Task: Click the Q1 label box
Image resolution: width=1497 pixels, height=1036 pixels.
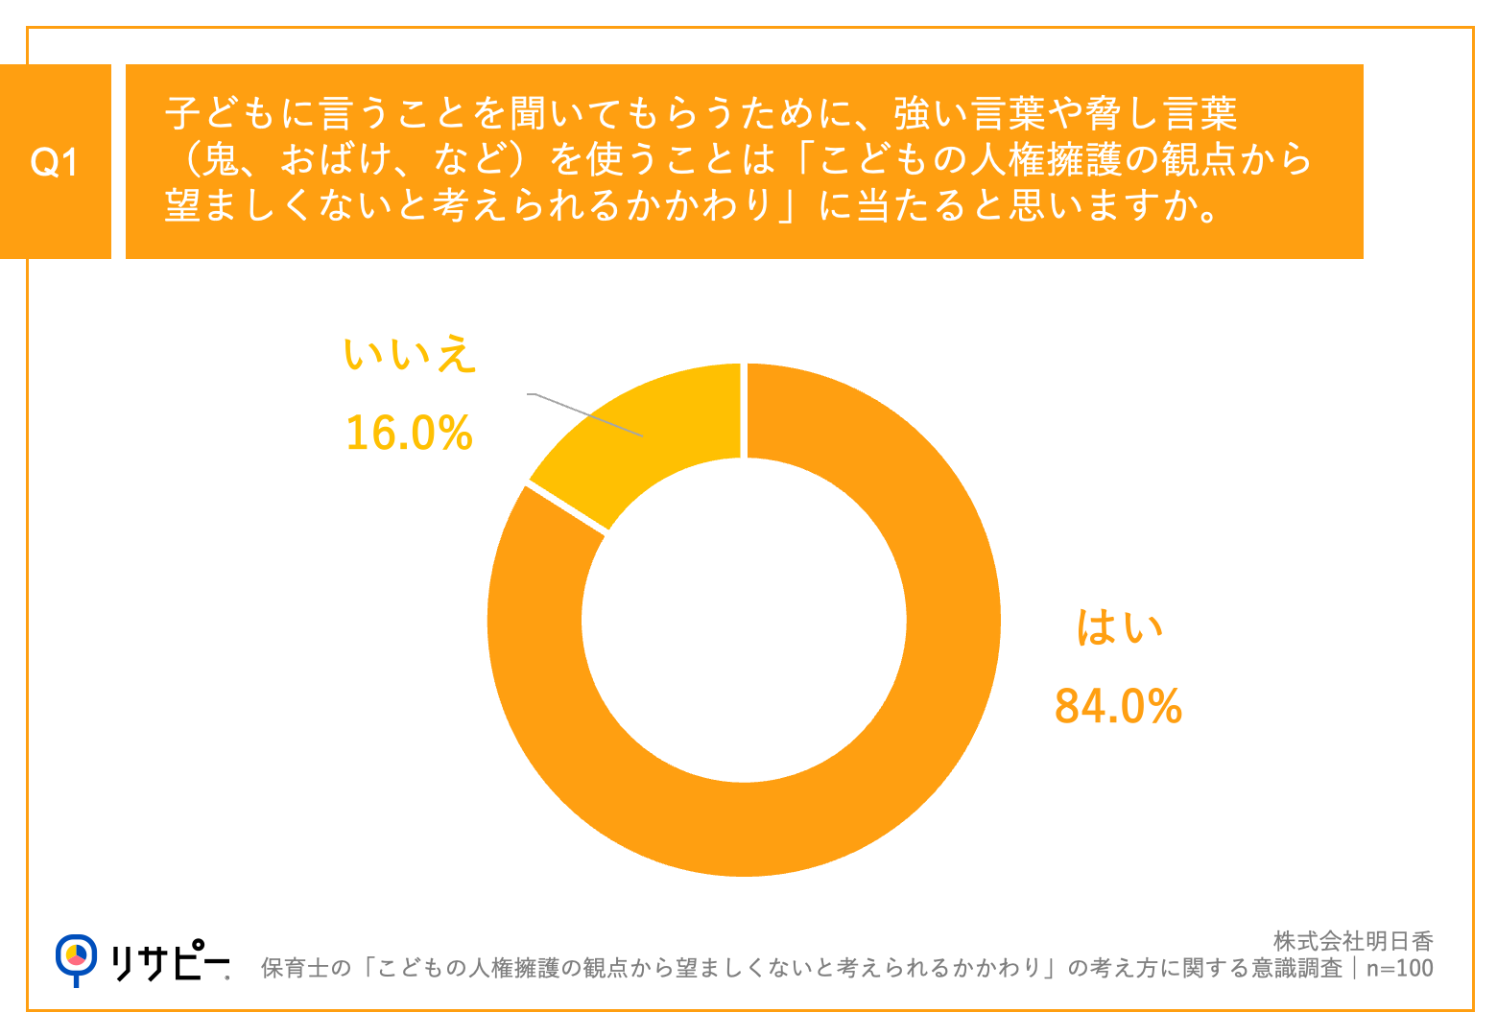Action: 55,161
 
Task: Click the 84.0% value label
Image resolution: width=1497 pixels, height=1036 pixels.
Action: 1118,707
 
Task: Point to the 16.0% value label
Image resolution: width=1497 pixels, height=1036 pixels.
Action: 409,433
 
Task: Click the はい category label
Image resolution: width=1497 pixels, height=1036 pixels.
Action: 1119,628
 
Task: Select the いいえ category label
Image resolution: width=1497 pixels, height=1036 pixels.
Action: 410,355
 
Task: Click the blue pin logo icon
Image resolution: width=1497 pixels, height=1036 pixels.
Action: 76,958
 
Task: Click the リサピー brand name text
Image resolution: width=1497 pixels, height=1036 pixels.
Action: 171,961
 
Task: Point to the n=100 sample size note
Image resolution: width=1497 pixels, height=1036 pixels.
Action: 1399,968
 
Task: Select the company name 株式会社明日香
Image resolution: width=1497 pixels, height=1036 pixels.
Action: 1353,941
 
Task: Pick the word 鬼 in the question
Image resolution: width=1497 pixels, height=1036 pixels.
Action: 221,160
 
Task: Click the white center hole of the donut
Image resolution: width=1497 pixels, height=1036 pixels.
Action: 744,620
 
